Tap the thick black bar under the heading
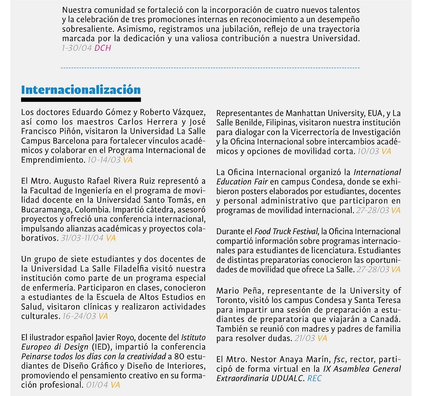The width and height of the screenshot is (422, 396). [81, 99]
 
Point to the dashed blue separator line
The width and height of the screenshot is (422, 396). [210, 68]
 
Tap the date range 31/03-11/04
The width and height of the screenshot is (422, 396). [81, 238]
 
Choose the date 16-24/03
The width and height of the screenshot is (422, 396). [79, 317]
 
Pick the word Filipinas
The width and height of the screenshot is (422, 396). [273, 123]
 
